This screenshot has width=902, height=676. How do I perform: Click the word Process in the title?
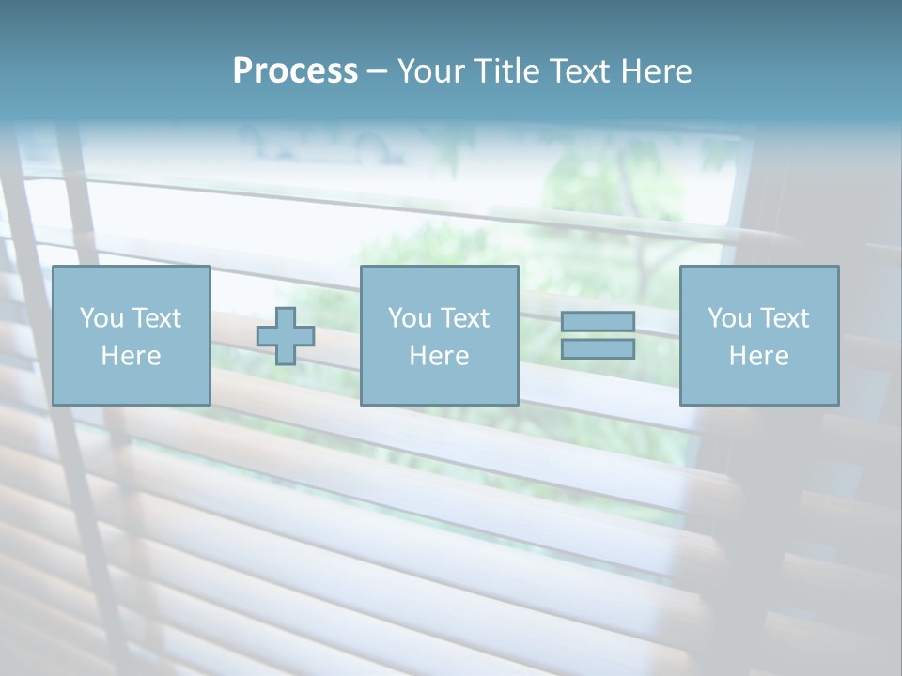tap(295, 71)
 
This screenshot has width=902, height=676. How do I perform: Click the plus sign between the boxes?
tap(286, 336)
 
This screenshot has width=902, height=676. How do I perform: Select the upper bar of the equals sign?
tap(598, 321)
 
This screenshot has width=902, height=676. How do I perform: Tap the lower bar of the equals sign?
tap(598, 348)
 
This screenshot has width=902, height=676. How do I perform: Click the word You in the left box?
tap(101, 318)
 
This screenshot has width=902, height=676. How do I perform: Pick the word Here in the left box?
tap(131, 356)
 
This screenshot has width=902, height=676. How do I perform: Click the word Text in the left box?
tap(155, 318)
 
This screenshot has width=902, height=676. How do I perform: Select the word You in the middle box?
tap(410, 318)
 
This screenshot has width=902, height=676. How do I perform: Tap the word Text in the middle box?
tap(463, 318)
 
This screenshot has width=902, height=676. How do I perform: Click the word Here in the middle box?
tap(439, 356)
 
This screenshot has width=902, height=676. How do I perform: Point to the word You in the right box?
tap(729, 318)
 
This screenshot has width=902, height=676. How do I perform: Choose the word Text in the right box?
tap(783, 318)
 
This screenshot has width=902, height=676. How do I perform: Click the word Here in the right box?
tap(758, 356)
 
